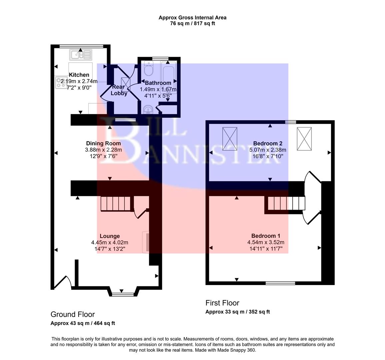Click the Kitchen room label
(x=79, y=75)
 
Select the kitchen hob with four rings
(x=61, y=83)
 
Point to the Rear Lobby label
(x=119, y=90)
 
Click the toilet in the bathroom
(x=148, y=69)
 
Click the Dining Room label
(x=103, y=143)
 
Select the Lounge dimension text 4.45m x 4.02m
(x=110, y=242)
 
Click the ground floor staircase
(x=115, y=203)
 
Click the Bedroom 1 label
(x=263, y=236)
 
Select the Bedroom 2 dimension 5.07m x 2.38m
(x=268, y=150)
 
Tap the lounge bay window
(x=121, y=293)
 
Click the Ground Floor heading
(x=73, y=314)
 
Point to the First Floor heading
(x=222, y=303)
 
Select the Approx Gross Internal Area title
(x=192, y=18)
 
